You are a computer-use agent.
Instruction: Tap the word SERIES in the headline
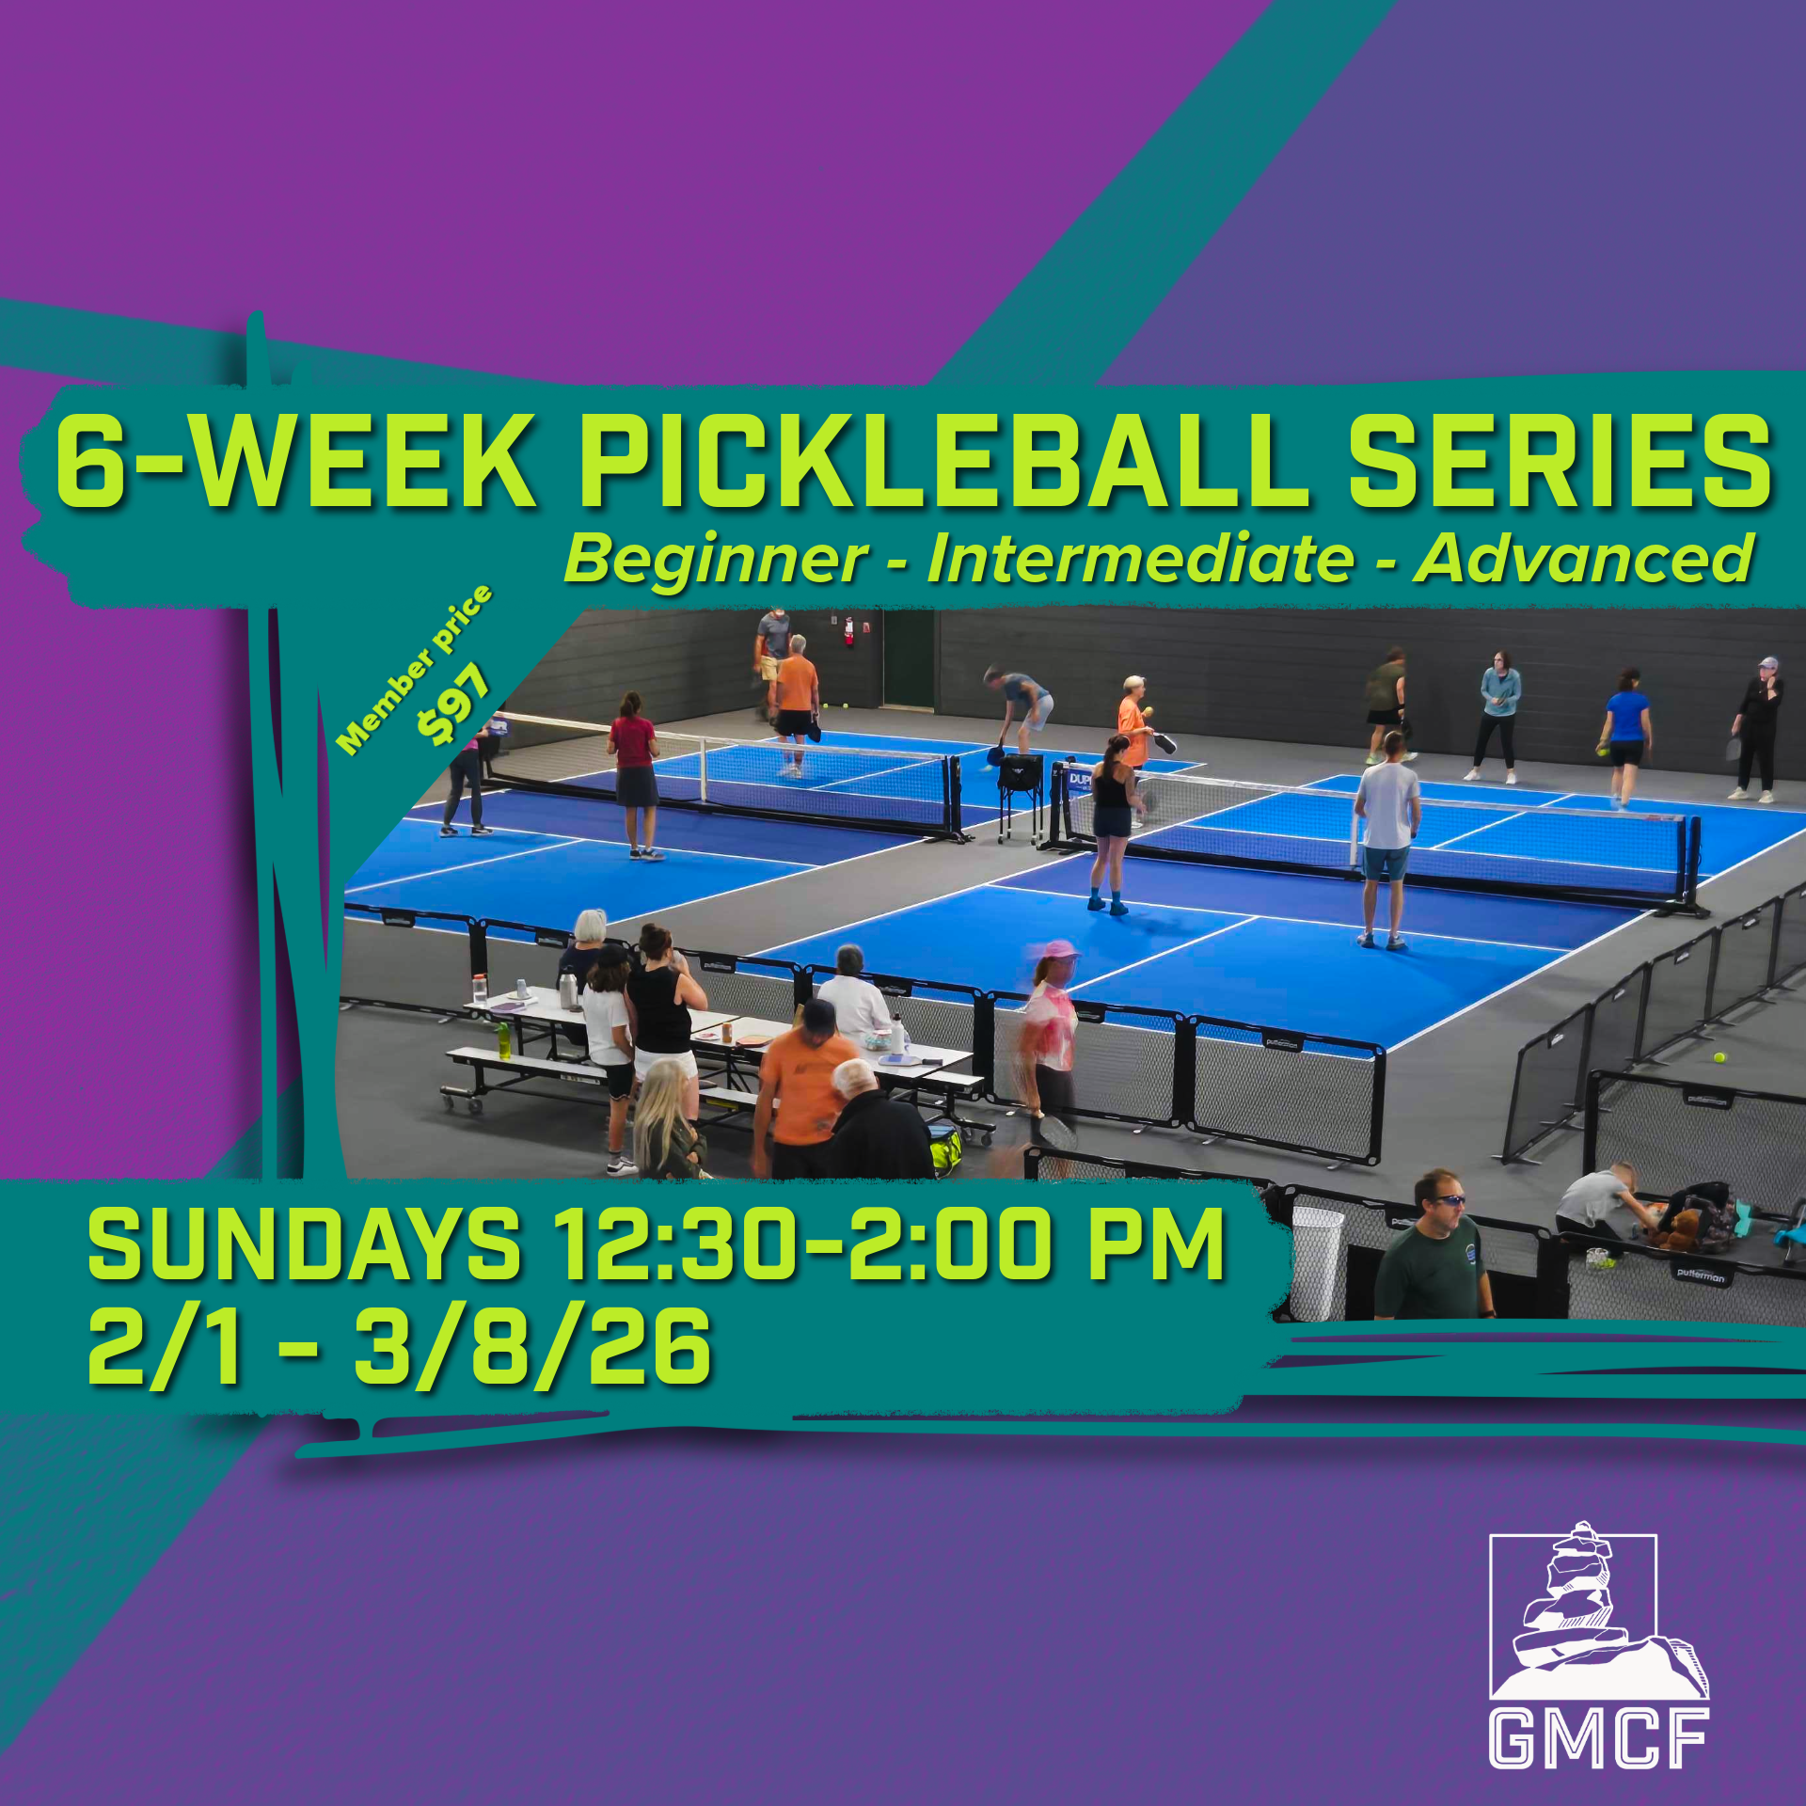pyautogui.click(x=1560, y=461)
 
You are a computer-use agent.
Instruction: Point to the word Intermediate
pyautogui.click(x=1140, y=559)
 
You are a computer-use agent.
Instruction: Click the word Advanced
pyautogui.click(x=1584, y=559)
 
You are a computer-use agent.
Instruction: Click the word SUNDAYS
pyautogui.click(x=304, y=1244)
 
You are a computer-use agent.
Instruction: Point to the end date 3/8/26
pyautogui.click(x=531, y=1347)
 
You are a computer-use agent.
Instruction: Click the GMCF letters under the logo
pyautogui.click(x=1598, y=1738)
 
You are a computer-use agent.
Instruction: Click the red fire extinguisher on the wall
pyautogui.click(x=848, y=631)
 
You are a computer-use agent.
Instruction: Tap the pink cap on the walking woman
pyautogui.click(x=1060, y=950)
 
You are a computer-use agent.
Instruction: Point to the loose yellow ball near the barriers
pyautogui.click(x=1719, y=1057)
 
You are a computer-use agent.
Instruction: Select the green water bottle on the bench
pyautogui.click(x=504, y=1039)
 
